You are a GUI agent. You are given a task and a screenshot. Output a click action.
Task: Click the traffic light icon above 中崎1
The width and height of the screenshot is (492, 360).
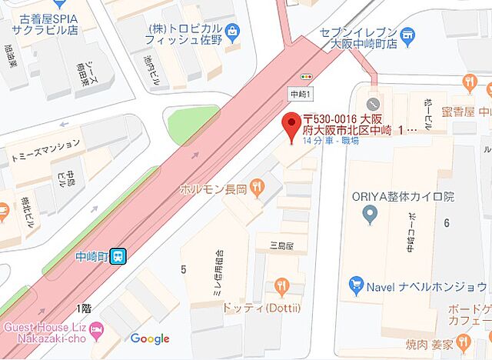pyautogui.click(x=307, y=78)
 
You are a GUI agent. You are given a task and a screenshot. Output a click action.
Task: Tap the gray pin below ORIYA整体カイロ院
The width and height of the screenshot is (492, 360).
pyautogui.click(x=372, y=218)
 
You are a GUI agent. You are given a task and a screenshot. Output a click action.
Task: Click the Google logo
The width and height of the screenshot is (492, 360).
pyautogui.click(x=150, y=339)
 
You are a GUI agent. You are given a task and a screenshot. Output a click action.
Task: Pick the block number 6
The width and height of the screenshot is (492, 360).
pyautogui.click(x=445, y=222)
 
